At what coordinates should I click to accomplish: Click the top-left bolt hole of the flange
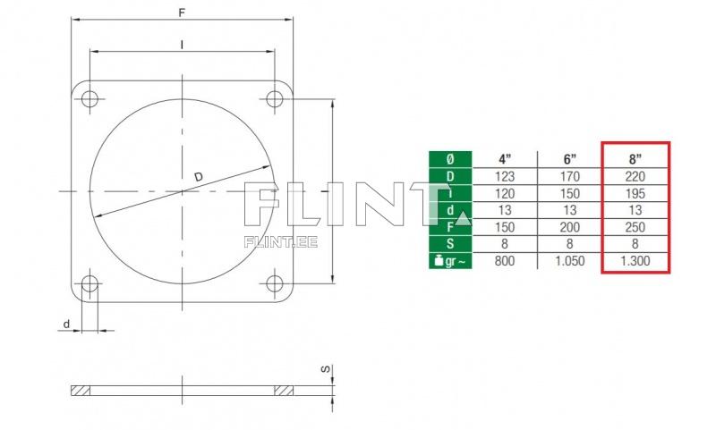90,99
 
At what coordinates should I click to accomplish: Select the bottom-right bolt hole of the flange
275,283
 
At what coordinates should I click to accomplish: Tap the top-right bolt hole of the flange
275,99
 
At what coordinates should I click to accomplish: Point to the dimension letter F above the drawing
182,13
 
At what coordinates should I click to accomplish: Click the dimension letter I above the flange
183,45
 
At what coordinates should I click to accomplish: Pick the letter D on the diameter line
198,176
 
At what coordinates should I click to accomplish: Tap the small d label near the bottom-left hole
66,325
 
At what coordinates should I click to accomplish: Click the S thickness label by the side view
325,369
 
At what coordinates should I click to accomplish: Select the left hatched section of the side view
81,391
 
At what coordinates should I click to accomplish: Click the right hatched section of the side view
284,391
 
